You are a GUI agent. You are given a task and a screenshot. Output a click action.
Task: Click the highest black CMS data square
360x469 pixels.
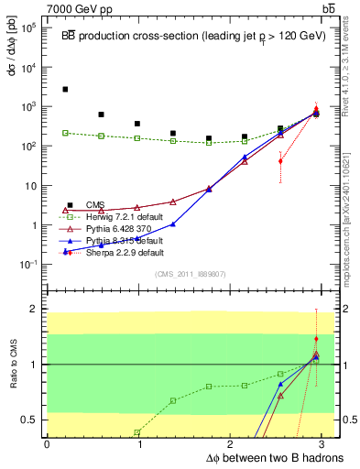65,90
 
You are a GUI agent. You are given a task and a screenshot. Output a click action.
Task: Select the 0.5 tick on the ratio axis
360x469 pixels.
27,420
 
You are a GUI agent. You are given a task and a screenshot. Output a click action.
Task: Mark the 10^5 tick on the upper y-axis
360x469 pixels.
27,27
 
